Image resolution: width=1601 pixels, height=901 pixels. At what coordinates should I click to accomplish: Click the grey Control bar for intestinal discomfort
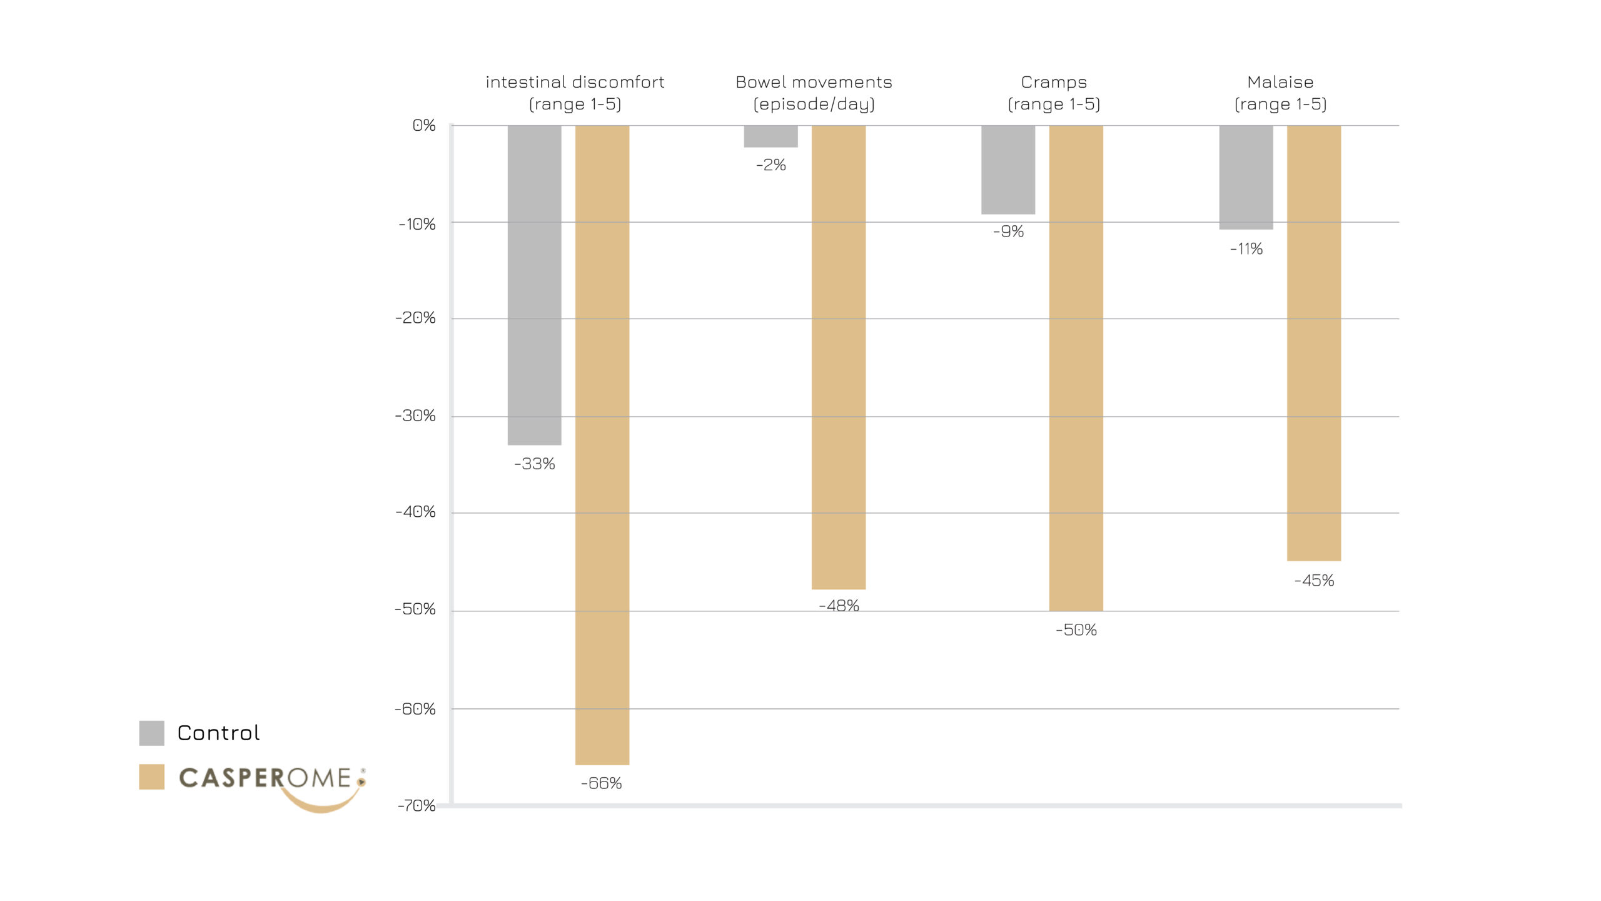click(534, 285)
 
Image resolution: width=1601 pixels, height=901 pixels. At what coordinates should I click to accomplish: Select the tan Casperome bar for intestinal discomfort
click(602, 444)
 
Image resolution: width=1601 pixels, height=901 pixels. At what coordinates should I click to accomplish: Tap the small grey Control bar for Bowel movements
click(770, 136)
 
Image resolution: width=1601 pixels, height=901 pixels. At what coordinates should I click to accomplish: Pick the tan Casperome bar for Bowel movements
click(838, 357)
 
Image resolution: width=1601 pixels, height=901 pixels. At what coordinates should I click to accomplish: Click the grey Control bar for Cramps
click(1008, 170)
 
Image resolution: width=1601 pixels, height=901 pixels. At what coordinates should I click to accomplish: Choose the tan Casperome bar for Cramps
click(1076, 368)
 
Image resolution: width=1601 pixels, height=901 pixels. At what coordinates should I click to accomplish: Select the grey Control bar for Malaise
click(1246, 177)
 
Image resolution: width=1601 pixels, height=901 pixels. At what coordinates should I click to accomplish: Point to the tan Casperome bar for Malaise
click(1313, 343)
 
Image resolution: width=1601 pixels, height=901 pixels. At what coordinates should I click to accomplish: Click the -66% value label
click(601, 783)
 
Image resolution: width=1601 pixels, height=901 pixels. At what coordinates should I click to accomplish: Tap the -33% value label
click(534, 464)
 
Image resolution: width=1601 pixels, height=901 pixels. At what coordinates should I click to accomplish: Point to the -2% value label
click(770, 165)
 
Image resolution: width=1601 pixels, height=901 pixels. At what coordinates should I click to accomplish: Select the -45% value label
click(1314, 581)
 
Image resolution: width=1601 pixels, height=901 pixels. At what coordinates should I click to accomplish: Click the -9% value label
click(1008, 232)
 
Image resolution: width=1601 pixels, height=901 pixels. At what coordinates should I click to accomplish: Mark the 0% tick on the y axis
click(424, 125)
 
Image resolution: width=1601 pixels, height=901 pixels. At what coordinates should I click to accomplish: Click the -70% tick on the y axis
click(417, 805)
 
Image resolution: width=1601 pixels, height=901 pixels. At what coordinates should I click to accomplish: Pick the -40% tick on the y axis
click(415, 512)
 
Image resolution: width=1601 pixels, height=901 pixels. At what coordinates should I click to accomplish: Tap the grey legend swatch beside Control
click(151, 733)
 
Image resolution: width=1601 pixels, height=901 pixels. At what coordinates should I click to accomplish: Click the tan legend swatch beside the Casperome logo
click(151, 776)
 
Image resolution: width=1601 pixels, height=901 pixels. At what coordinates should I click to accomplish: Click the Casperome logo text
click(266, 778)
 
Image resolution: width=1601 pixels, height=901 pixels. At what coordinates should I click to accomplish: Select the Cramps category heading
click(1054, 82)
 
